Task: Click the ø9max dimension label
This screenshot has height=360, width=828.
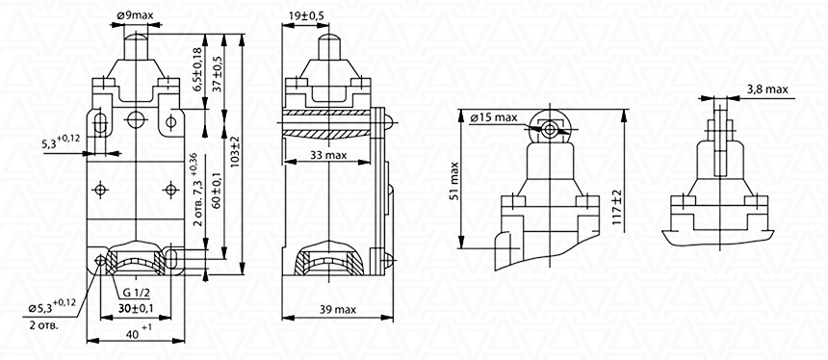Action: coord(136,15)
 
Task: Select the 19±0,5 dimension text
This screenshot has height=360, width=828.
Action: coord(306,15)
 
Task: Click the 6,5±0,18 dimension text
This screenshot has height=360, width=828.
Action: coord(197,69)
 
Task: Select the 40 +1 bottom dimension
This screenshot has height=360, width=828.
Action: coord(139,331)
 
